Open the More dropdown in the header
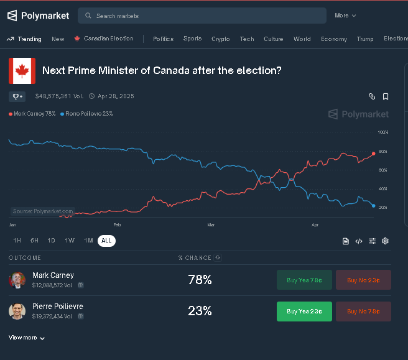(345, 16)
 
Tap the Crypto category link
(220, 39)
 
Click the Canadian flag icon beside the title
(22, 71)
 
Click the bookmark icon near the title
(386, 96)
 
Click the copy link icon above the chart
(372, 96)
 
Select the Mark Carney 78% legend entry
(32, 114)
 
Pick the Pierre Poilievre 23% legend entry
(86, 114)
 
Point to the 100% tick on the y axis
(383, 132)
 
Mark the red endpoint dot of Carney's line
(373, 153)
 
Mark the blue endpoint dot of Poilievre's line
(373, 206)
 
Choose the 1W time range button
(70, 241)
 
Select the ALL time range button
(106, 241)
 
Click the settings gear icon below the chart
(386, 241)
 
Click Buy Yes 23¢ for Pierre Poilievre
(304, 311)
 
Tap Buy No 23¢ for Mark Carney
(363, 280)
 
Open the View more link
(27, 338)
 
